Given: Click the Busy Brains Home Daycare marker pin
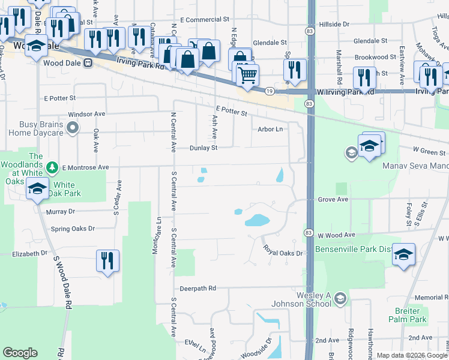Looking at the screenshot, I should pos(73,127).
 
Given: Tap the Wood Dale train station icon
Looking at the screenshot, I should pos(88,62).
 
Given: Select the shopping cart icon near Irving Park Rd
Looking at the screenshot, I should pos(247,75).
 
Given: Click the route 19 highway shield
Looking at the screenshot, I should pos(270,91).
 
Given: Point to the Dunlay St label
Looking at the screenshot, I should pos(203,148).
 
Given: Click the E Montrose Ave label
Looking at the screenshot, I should pos(85,167).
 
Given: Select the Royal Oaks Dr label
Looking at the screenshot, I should pos(282,253).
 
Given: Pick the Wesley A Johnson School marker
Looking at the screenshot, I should pos(340,298).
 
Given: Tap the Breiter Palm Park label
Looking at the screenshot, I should pos(411,316).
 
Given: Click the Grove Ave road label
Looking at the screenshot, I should pos(333,199).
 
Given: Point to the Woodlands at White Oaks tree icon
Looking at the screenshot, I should pos(52,167).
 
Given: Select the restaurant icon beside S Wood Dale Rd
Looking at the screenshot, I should pos(107,262).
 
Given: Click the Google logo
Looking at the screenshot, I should pos(20,353).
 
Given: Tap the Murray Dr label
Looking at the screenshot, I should pos(60,211).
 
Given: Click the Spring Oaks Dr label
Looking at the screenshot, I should pos(73,229).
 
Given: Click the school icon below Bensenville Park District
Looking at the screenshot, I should pos(404,255).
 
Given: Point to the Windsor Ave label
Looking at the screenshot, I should pos(86,113).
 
